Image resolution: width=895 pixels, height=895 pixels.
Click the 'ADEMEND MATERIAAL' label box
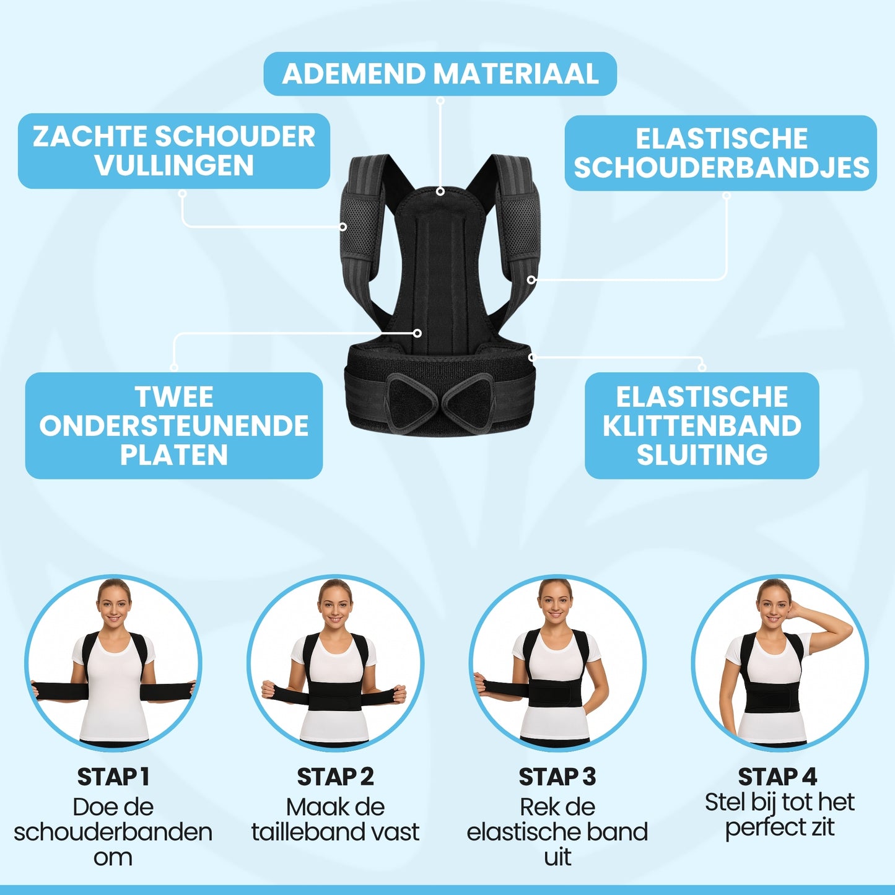(440, 74)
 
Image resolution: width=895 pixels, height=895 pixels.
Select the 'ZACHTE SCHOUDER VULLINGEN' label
(174, 151)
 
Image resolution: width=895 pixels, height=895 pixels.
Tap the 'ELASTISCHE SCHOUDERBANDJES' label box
(721, 153)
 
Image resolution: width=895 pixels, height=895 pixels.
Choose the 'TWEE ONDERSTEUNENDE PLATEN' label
(174, 426)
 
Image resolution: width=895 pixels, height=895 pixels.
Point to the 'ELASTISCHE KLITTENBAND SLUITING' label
(702, 426)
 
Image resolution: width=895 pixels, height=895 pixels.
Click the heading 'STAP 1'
(113, 777)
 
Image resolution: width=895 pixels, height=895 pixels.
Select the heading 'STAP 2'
(335, 777)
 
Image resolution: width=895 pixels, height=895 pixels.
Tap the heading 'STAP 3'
(557, 777)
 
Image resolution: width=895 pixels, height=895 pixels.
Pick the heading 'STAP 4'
(777, 777)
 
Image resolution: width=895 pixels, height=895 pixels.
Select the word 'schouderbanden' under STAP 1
(113, 832)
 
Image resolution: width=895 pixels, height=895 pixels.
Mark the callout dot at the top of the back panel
(440, 191)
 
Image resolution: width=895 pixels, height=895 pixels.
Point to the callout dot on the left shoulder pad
(343, 227)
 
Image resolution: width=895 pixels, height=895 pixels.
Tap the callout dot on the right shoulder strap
(531, 280)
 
